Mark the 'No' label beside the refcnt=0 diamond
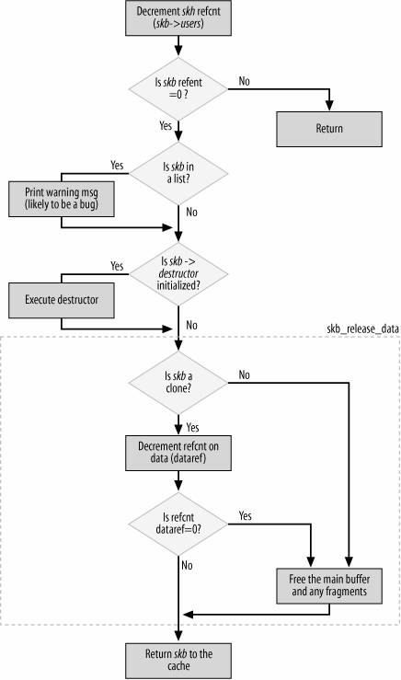246,81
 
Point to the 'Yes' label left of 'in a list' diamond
117,165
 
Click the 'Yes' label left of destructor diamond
117,265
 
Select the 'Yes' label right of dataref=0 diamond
246,514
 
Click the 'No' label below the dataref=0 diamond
189,562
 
